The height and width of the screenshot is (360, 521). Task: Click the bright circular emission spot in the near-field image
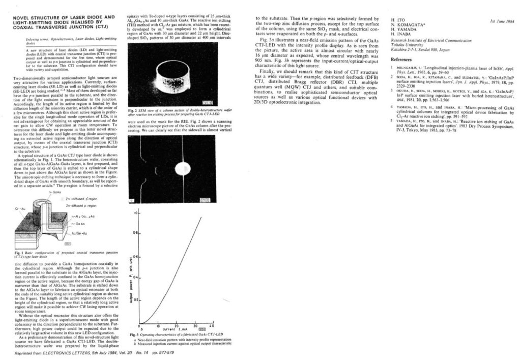click(181, 168)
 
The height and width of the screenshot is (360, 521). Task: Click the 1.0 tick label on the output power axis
click(136, 214)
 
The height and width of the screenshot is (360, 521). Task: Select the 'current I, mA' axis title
click(176, 329)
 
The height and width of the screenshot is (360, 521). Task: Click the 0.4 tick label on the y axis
click(136, 278)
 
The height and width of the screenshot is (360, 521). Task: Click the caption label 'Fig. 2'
click(131, 110)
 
